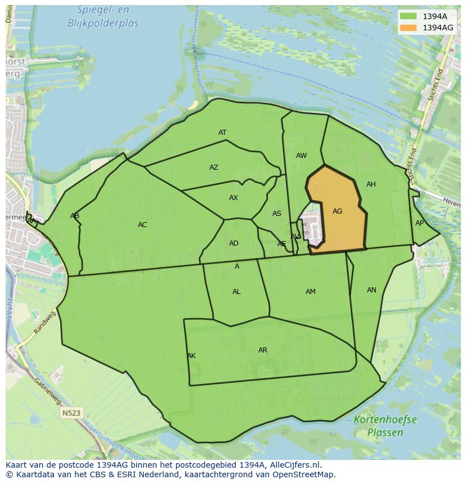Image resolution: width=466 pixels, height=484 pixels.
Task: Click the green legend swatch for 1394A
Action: click(x=409, y=16)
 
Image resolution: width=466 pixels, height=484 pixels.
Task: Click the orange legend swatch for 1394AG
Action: click(x=409, y=28)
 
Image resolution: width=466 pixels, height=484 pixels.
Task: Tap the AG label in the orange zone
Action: click(x=338, y=211)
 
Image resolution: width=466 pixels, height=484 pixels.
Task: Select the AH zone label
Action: click(x=371, y=184)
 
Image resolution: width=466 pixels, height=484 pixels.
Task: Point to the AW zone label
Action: click(x=302, y=156)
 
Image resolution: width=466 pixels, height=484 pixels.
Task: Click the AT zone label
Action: click(x=222, y=133)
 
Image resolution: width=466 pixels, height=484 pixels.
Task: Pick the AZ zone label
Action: click(x=214, y=168)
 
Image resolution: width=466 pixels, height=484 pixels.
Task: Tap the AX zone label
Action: click(x=234, y=198)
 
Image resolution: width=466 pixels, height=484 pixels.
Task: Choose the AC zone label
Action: click(x=142, y=225)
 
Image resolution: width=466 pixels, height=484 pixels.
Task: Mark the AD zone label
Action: click(x=234, y=243)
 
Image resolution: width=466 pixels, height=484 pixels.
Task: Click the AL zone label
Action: click(x=236, y=292)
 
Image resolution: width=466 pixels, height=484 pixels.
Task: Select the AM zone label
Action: click(x=311, y=292)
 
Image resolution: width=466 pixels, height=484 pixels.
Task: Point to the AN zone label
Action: click(x=371, y=290)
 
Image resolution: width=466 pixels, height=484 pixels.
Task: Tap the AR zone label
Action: click(x=263, y=350)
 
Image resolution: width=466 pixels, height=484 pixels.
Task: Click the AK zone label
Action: click(x=191, y=356)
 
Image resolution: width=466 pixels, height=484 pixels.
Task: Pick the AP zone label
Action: click(x=419, y=223)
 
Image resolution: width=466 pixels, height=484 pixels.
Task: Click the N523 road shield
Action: click(x=71, y=413)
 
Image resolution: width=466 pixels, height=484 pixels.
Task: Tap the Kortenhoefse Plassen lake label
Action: click(x=386, y=426)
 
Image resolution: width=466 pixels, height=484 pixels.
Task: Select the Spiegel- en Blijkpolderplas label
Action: click(x=103, y=17)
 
